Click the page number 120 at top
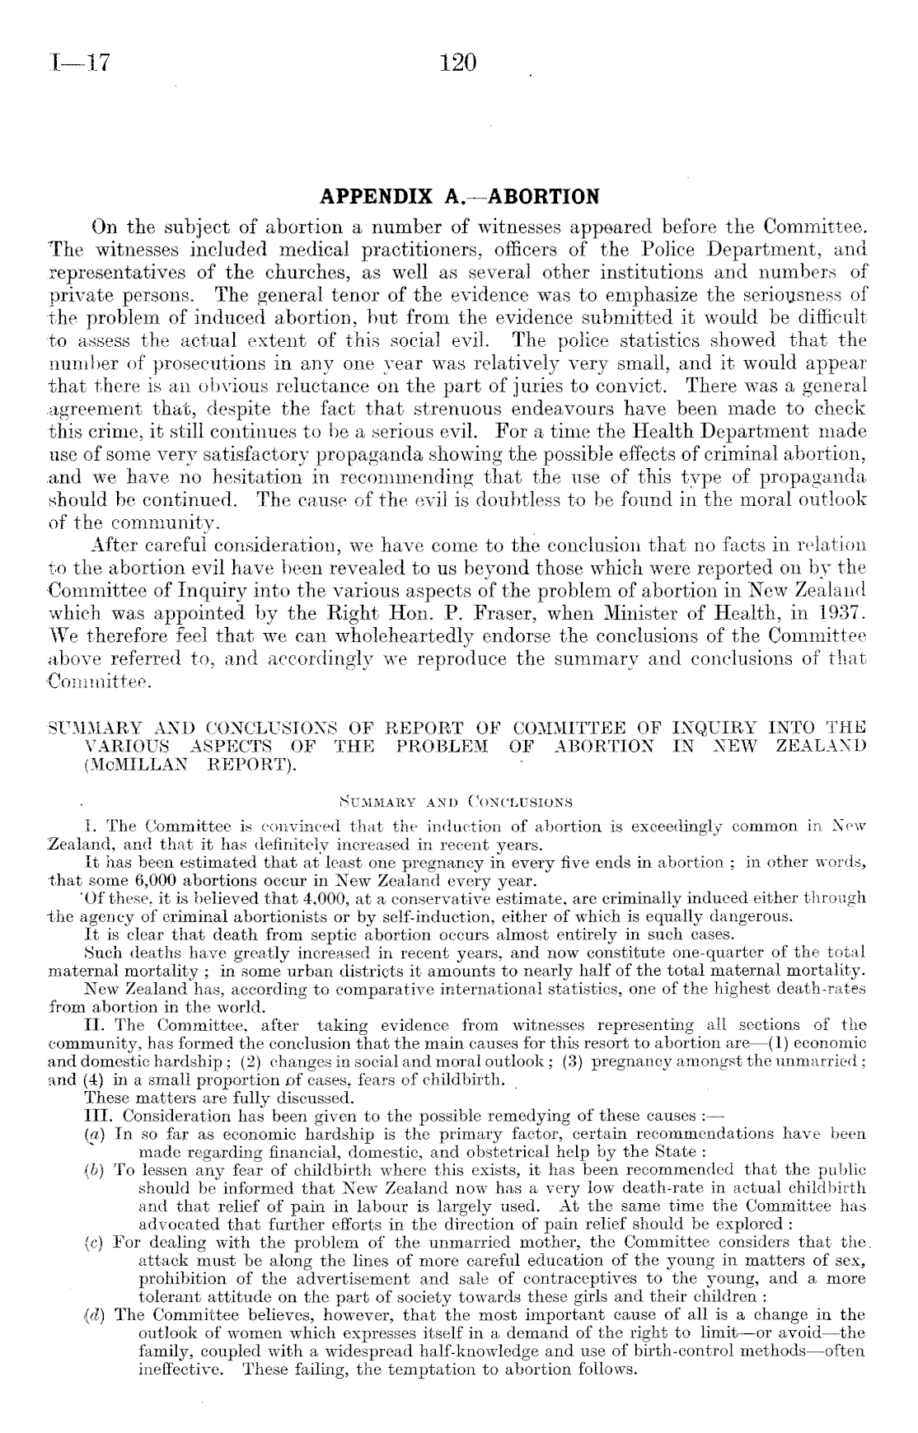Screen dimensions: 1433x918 coord(459,63)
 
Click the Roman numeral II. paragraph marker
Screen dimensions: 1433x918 coord(95,1025)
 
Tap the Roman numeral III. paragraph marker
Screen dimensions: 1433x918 coord(98,1116)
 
